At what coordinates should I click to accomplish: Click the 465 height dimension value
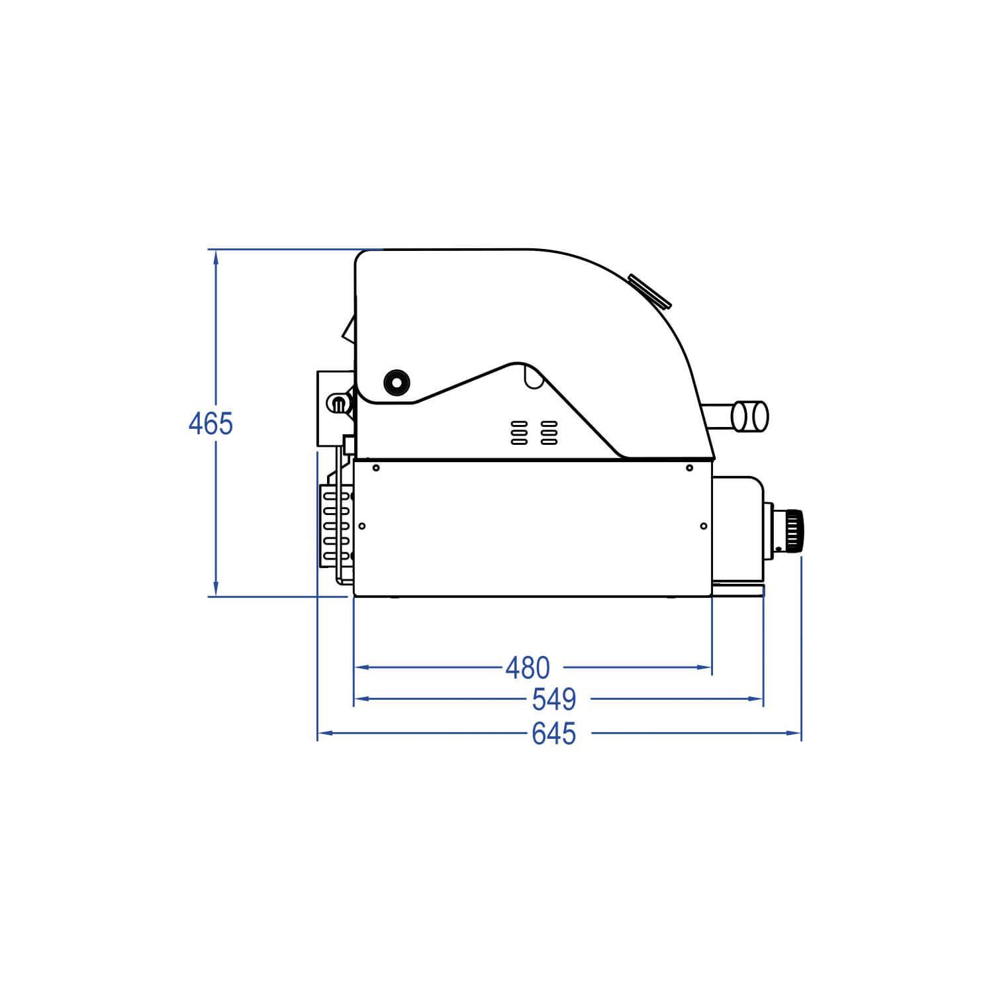pyautogui.click(x=211, y=424)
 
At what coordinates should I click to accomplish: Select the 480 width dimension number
pyautogui.click(x=528, y=669)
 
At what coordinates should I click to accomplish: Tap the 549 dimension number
pyautogui.click(x=554, y=699)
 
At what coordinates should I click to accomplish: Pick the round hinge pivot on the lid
pyautogui.click(x=397, y=381)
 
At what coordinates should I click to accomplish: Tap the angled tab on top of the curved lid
pyautogui.click(x=650, y=291)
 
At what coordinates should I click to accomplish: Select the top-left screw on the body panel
pyautogui.click(x=376, y=468)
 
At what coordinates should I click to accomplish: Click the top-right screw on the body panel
pyautogui.click(x=689, y=468)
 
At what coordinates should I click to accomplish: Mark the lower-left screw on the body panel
pyautogui.click(x=362, y=526)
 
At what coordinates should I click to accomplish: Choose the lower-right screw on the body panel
pyautogui.click(x=703, y=526)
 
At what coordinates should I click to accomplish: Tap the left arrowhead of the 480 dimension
pyautogui.click(x=361, y=668)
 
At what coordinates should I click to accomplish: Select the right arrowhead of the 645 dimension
pyautogui.click(x=794, y=733)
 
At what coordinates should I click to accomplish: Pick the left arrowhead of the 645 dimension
pyautogui.click(x=325, y=733)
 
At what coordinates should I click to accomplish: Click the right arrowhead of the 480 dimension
pyautogui.click(x=704, y=668)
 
